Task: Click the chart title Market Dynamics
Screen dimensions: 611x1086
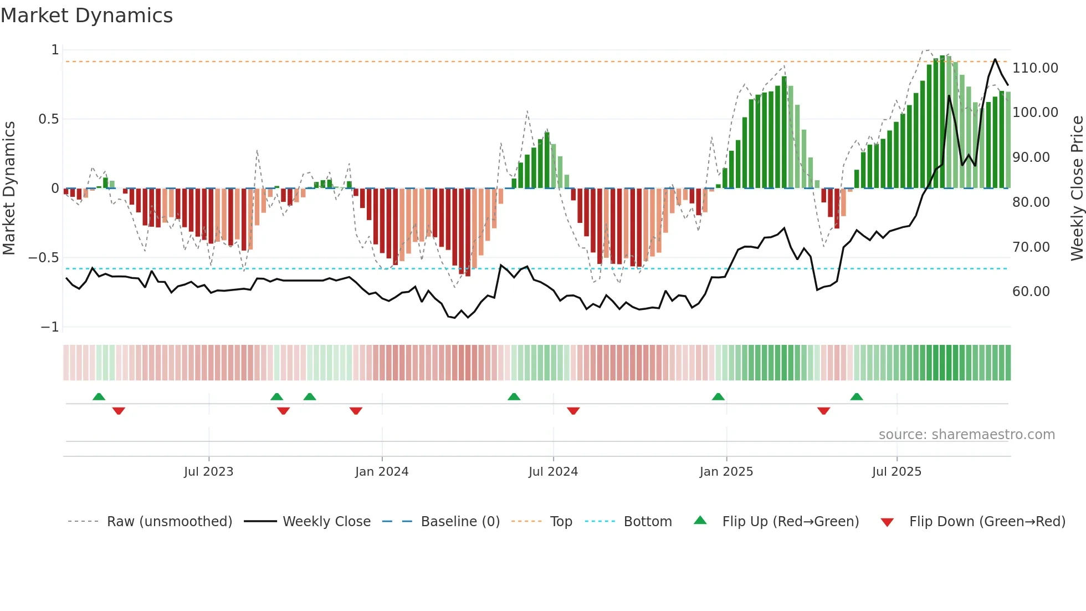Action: point(86,16)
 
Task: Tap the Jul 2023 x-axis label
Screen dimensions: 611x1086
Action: point(208,472)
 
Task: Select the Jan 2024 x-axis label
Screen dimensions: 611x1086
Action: point(382,472)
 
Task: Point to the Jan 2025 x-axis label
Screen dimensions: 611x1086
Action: point(726,472)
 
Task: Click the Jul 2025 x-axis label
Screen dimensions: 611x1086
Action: point(897,472)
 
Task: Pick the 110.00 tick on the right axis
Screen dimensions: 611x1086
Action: point(1035,68)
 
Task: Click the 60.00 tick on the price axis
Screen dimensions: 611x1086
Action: point(1031,292)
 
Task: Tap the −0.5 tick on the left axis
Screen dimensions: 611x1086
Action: point(44,258)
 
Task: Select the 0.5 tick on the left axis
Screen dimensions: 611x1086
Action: point(48,119)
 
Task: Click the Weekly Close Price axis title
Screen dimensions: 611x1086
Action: point(1077,188)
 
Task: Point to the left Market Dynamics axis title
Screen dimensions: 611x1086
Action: point(9,188)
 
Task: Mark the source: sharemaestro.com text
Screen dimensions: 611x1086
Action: point(966,435)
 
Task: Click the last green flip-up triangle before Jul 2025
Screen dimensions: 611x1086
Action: point(857,396)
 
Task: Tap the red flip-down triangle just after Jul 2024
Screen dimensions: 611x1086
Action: point(573,411)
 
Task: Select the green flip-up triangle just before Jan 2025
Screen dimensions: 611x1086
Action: point(718,396)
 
